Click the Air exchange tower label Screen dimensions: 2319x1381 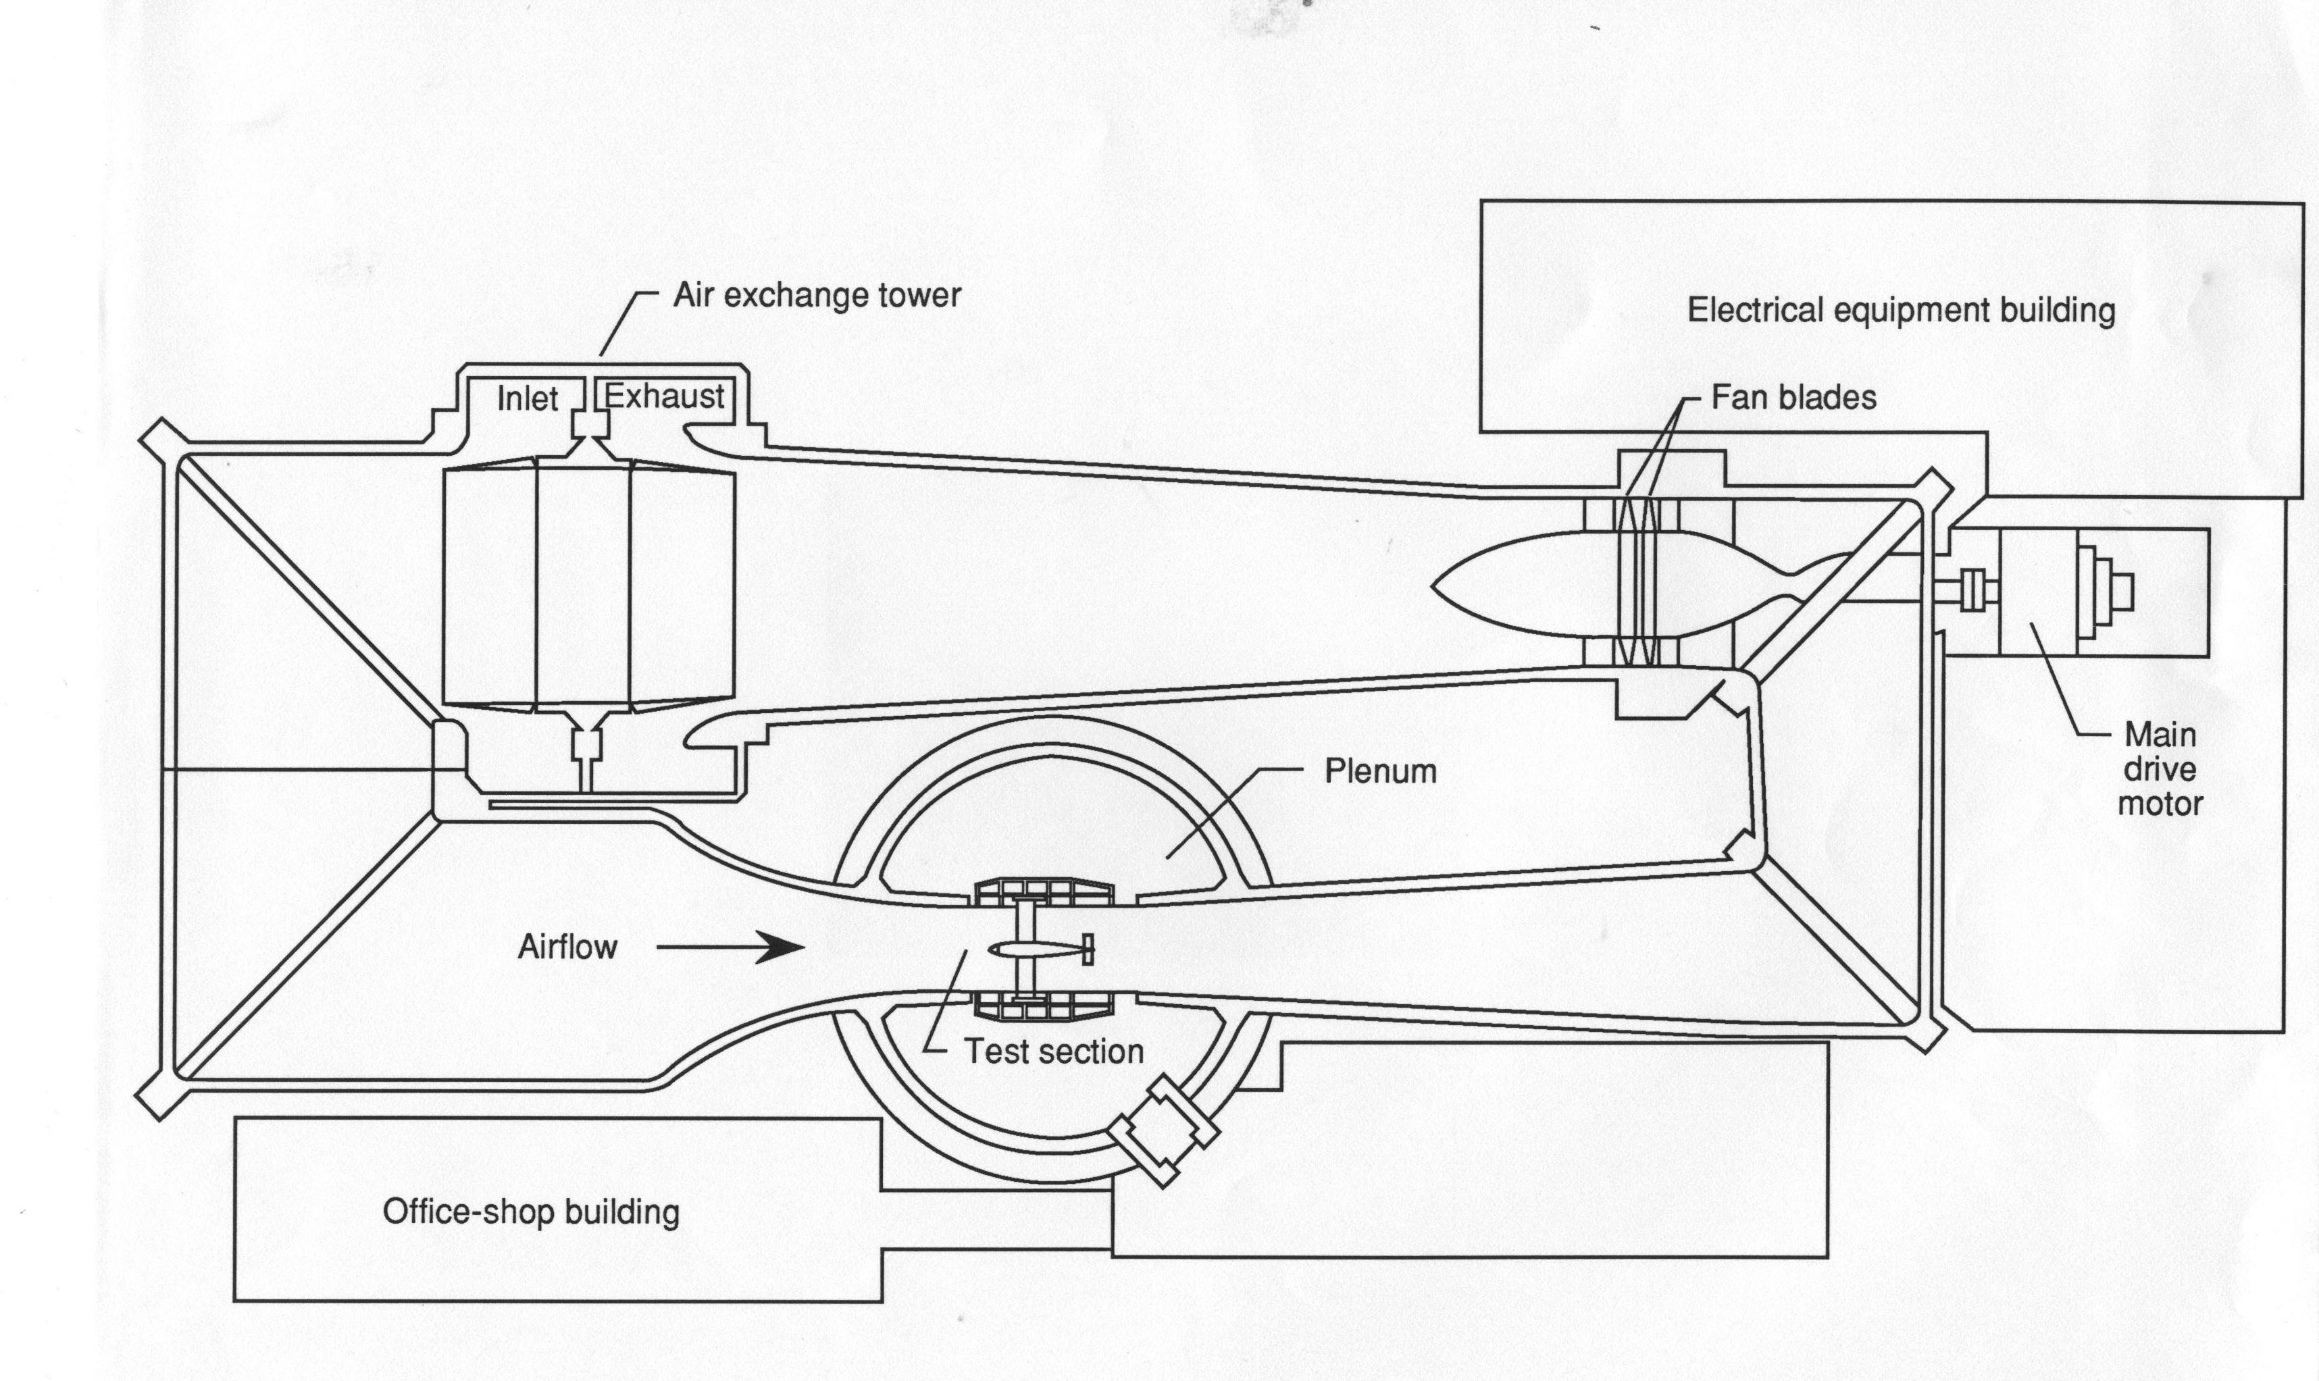tap(817, 295)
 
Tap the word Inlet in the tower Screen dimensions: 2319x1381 tap(527, 398)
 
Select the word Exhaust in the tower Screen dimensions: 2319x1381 tap(665, 396)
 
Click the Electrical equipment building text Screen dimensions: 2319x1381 tap(1901, 311)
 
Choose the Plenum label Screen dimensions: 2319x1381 tap(1381, 771)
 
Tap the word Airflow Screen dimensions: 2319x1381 tap(567, 947)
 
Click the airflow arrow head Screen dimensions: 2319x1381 tap(782, 947)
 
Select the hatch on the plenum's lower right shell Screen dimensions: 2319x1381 tap(1163, 1130)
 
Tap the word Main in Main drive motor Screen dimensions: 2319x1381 tap(2160, 735)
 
